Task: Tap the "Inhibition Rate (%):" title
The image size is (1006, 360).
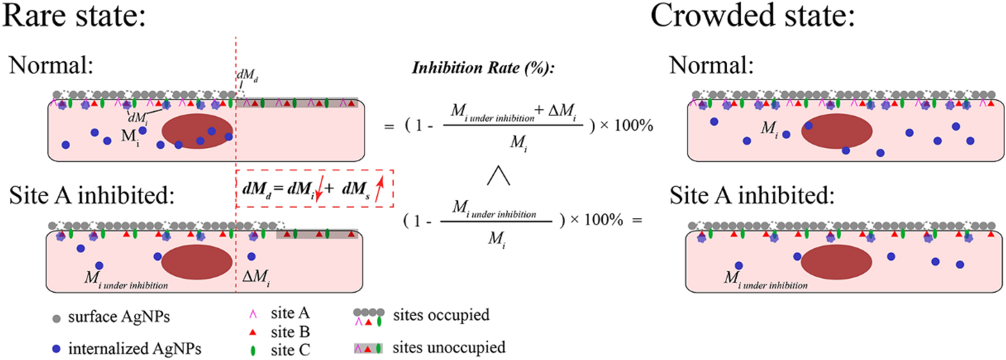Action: (x=483, y=68)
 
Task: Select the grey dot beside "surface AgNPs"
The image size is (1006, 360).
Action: (x=57, y=318)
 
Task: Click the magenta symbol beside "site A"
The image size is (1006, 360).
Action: (x=253, y=314)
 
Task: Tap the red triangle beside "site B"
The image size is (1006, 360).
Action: (x=253, y=332)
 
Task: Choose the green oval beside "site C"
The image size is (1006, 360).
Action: (x=253, y=350)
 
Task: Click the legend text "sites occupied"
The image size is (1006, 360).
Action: (x=441, y=315)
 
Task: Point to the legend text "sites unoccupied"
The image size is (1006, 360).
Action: (x=449, y=347)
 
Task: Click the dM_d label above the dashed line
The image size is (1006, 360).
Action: (x=247, y=76)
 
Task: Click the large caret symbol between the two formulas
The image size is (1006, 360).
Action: (x=499, y=176)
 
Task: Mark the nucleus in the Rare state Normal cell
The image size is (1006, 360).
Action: (x=197, y=131)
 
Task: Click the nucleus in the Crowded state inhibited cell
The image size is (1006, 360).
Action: (x=836, y=262)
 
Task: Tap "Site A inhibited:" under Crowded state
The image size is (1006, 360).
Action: (x=752, y=196)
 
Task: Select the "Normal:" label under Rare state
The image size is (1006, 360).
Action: (x=51, y=66)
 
